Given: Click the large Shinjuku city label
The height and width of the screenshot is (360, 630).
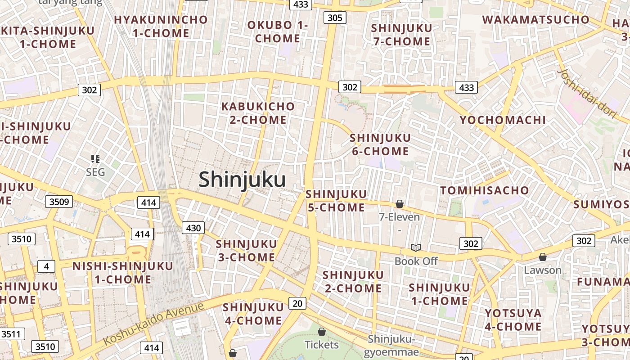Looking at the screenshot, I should (242, 180).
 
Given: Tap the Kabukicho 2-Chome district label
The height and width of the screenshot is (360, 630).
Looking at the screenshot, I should (258, 113).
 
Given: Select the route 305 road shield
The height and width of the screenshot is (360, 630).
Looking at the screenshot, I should (335, 18).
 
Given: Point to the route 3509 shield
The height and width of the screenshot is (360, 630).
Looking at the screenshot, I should (59, 202).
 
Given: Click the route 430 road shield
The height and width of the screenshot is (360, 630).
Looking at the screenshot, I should (193, 228).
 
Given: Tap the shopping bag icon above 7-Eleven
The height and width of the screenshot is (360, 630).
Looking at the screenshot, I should (399, 204).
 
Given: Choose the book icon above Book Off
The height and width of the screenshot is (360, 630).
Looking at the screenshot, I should (416, 248).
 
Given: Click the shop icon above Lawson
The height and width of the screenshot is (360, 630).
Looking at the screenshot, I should (543, 257).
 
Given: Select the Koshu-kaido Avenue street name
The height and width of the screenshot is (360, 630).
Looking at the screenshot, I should (153, 323).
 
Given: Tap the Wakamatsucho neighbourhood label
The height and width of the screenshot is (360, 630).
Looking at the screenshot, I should (535, 20).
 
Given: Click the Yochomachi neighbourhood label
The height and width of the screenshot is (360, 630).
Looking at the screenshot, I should (502, 120).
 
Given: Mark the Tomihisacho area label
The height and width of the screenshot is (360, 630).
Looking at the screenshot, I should (484, 190).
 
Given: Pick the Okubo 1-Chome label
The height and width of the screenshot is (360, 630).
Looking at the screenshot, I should (278, 31).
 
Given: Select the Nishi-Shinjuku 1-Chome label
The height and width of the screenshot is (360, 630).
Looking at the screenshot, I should (123, 273).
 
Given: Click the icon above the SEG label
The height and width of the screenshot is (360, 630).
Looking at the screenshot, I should (95, 158).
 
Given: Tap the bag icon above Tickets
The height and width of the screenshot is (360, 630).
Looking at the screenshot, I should (321, 332).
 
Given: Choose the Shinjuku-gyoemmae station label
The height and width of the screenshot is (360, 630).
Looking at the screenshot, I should (391, 345).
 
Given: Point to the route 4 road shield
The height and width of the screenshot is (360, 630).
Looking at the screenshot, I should (46, 266).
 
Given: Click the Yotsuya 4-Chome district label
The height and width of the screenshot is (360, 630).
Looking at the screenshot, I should (513, 319).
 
